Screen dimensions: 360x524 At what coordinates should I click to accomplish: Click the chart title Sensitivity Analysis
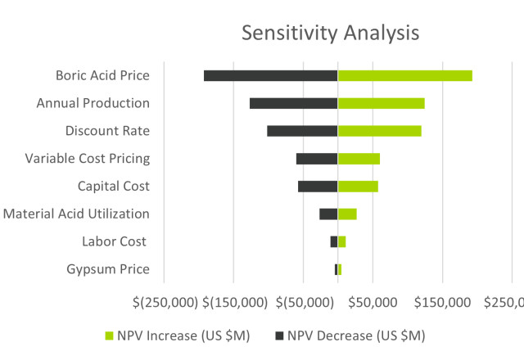(x=330, y=33)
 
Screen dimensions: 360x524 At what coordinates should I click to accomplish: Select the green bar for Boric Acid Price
(x=405, y=75)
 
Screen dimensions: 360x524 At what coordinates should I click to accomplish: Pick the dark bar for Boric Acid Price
(x=270, y=75)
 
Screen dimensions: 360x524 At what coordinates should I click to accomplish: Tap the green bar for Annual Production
(x=382, y=103)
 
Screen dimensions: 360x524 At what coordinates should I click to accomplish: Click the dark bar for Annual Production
(x=293, y=103)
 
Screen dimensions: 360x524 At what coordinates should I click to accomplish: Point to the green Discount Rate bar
(x=380, y=131)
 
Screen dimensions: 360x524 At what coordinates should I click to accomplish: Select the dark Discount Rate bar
(x=302, y=131)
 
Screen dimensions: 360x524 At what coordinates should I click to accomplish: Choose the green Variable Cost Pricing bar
(x=359, y=159)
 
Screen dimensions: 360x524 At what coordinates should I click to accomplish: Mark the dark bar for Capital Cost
(x=318, y=186)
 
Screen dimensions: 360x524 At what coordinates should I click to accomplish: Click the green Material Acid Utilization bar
(x=347, y=214)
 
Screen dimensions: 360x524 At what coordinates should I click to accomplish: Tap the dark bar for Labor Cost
(x=334, y=241)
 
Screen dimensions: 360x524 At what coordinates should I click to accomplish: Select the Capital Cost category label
(x=113, y=187)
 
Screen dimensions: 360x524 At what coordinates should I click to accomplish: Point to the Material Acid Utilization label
(x=76, y=214)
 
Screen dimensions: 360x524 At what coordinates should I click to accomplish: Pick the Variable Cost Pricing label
(x=88, y=159)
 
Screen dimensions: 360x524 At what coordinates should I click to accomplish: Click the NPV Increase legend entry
(x=178, y=335)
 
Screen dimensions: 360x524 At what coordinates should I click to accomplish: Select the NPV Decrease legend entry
(x=350, y=335)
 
